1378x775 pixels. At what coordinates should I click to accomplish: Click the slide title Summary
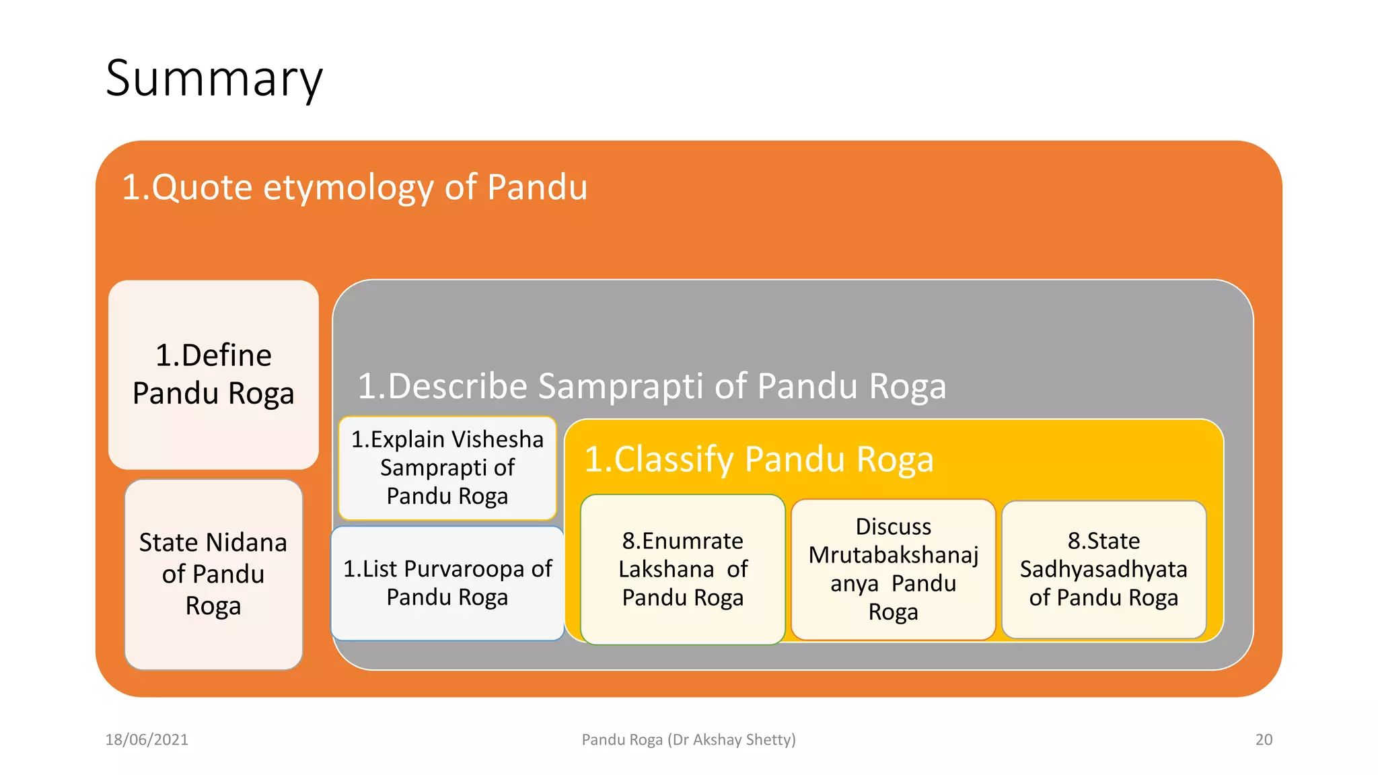tap(214, 79)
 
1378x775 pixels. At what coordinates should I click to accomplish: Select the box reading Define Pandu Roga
tap(213, 374)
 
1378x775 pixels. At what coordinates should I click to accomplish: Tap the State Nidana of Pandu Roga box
tap(213, 574)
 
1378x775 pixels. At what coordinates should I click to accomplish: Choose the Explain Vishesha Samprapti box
tap(447, 468)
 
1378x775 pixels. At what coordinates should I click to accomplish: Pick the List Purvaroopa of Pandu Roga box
tap(447, 583)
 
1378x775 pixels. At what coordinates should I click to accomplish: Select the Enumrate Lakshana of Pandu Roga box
tap(682, 569)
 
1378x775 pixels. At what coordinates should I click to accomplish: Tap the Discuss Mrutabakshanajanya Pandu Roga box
tap(893, 569)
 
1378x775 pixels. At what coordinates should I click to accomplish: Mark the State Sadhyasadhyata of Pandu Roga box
tap(1103, 569)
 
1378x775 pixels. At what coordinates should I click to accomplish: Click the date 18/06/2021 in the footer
tap(147, 739)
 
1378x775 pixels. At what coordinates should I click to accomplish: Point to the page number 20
tap(1264, 739)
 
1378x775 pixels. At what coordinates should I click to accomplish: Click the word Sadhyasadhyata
tap(1103, 569)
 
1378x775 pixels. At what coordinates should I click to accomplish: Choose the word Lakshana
tap(665, 569)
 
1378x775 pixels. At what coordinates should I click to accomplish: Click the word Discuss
tap(893, 526)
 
